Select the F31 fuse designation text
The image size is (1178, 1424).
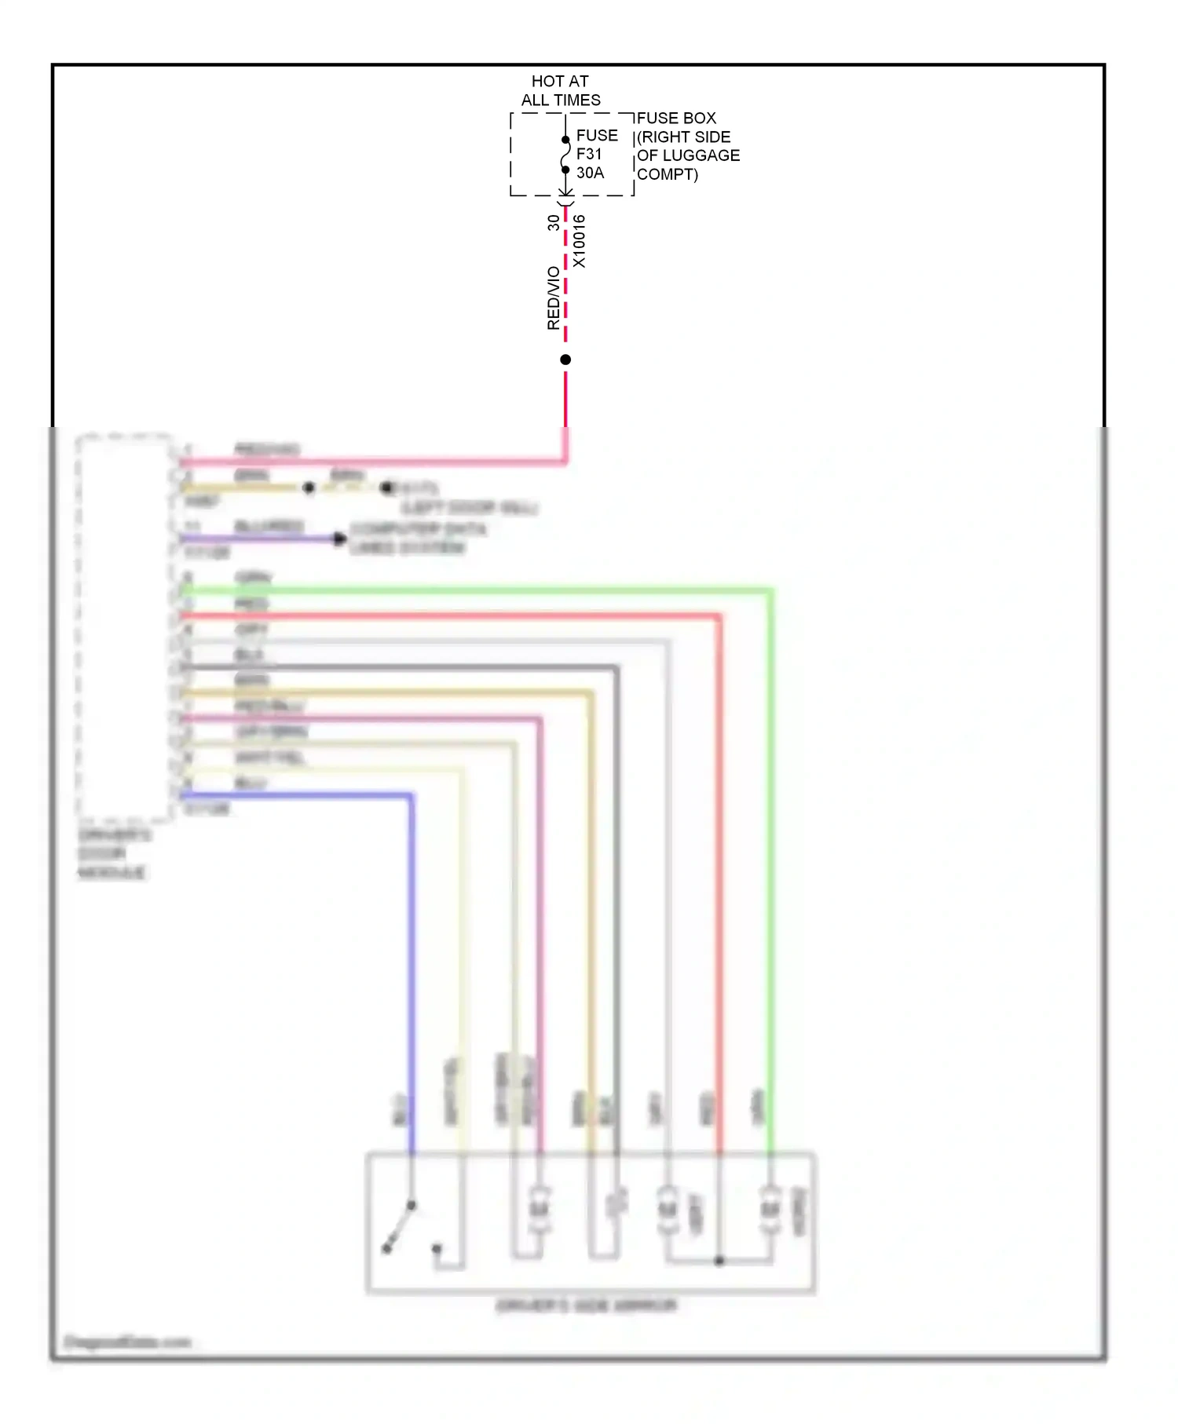[589, 154]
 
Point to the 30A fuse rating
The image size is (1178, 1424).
[591, 173]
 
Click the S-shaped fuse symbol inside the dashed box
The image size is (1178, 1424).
[565, 155]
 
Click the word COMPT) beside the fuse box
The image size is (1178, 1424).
[668, 174]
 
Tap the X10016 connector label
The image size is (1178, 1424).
[580, 241]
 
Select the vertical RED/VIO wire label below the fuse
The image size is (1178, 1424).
[554, 298]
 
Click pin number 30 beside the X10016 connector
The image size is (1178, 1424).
[554, 223]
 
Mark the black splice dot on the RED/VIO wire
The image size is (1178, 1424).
[565, 360]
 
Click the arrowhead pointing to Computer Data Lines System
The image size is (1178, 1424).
[339, 539]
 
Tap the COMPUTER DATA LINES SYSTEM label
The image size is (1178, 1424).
[416, 538]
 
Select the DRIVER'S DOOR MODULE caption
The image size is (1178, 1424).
[113, 853]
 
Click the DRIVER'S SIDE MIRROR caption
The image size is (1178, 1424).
[587, 1305]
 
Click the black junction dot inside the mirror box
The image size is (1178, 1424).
[719, 1261]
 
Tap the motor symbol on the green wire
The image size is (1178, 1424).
[770, 1210]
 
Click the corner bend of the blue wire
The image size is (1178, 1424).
[411, 797]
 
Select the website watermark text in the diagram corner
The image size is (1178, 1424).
[127, 1342]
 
